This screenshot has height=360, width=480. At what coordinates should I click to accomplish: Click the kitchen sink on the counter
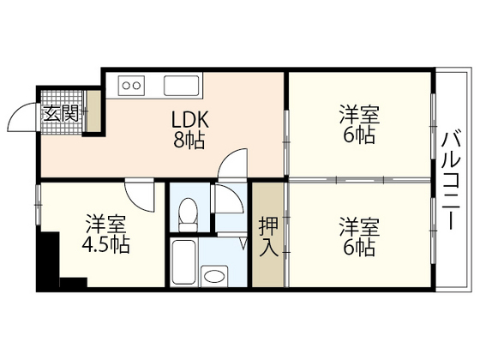(182, 85)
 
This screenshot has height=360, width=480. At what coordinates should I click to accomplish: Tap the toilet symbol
(189, 209)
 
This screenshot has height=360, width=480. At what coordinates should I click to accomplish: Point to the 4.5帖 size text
(106, 246)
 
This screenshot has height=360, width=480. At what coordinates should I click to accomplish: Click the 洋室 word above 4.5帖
(106, 226)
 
